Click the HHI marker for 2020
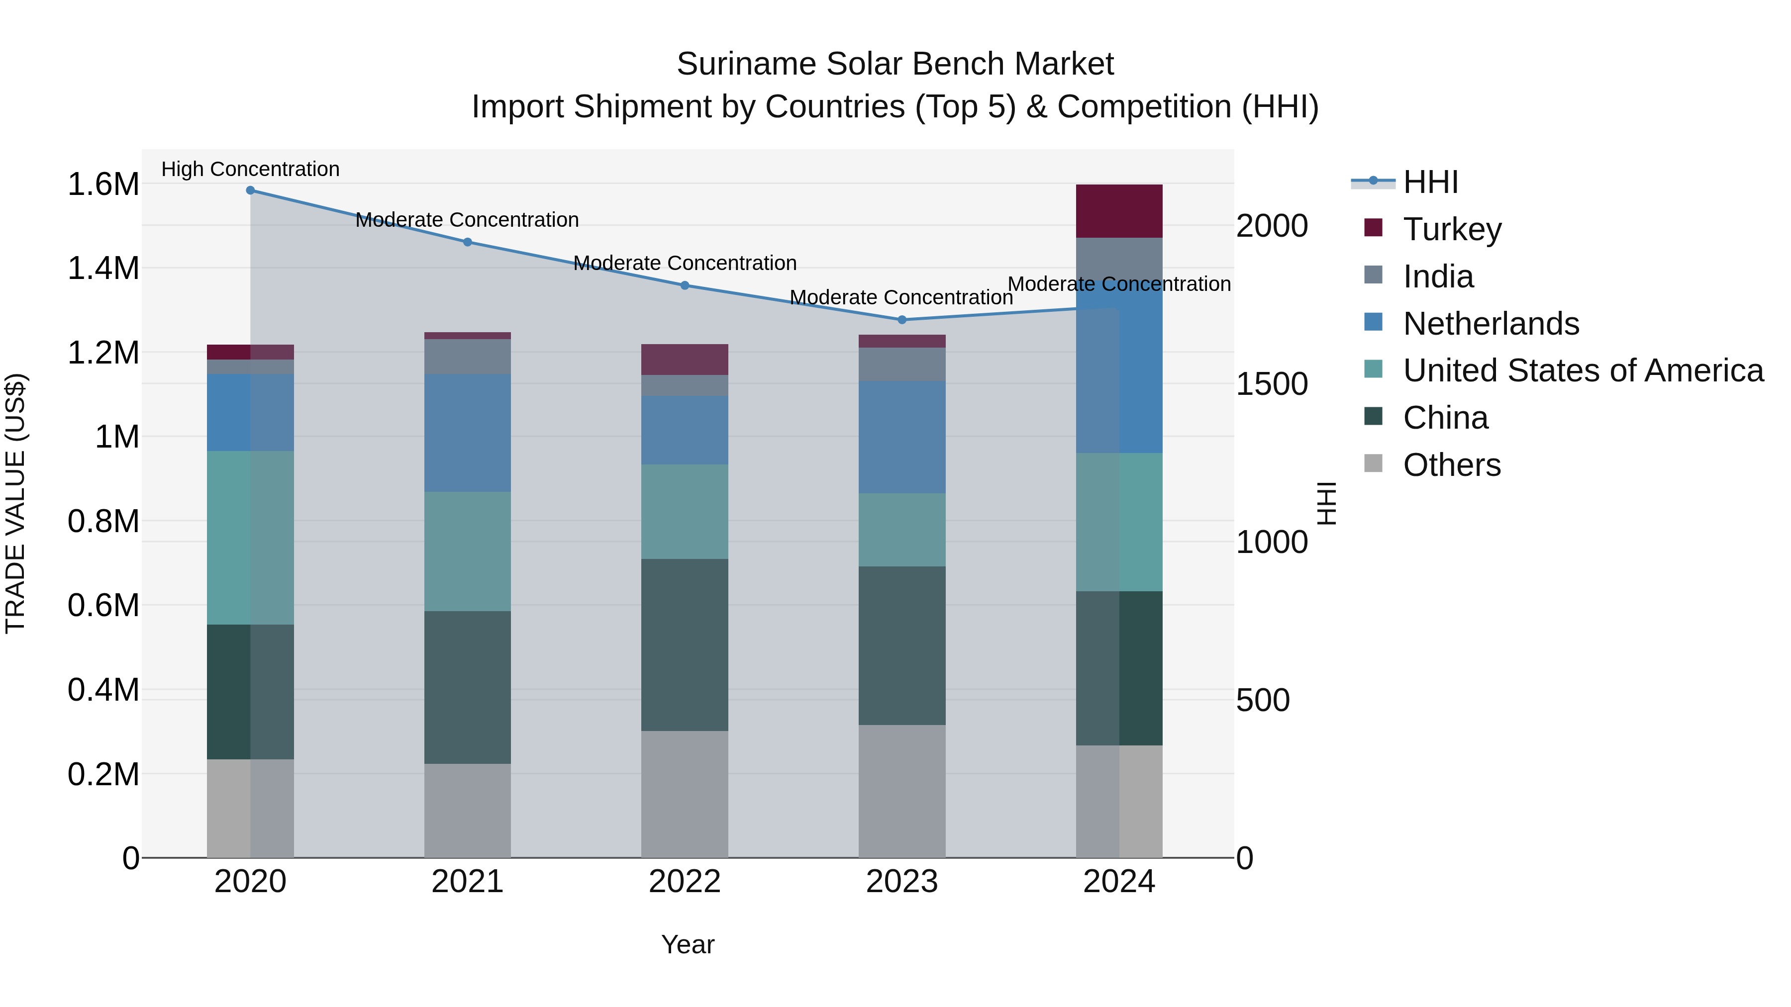point(250,190)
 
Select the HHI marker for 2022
point(685,285)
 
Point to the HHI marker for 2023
point(902,320)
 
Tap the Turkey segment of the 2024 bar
point(1119,211)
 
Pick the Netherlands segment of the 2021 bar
point(467,433)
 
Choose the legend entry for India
point(1437,276)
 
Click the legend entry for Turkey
point(1452,229)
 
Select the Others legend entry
point(1451,465)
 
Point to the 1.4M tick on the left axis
point(103,268)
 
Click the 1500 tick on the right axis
point(1272,384)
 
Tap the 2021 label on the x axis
point(467,882)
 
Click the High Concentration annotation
point(250,169)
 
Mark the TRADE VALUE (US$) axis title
point(15,503)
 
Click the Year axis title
point(688,944)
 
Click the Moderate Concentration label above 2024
point(1119,284)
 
